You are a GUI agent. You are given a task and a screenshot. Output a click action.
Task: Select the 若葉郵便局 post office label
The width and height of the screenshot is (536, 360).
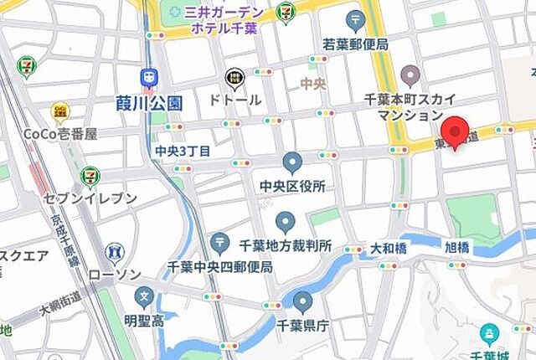(x=355, y=44)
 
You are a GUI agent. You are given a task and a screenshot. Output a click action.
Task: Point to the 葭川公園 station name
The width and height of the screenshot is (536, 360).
(x=149, y=103)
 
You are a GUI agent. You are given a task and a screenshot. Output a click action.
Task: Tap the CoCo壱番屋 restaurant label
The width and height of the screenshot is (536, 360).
(x=59, y=134)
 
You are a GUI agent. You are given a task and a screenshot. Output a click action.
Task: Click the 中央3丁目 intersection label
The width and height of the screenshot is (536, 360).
(x=183, y=151)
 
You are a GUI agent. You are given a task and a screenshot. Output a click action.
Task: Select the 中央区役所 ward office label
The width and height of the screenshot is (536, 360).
(x=291, y=185)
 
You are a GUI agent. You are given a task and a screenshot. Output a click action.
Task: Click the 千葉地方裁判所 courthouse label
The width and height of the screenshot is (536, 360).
(x=286, y=247)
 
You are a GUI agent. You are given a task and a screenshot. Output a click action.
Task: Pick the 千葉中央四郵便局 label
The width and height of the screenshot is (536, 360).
(x=220, y=267)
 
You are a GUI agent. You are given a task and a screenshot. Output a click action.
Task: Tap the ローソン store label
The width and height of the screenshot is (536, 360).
(x=115, y=273)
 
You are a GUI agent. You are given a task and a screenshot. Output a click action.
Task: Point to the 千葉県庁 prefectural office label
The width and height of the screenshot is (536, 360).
(x=302, y=327)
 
